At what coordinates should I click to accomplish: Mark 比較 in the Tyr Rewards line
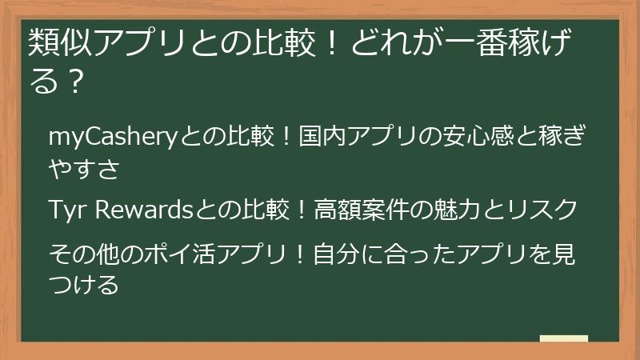point(262,210)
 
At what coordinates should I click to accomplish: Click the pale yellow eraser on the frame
point(563,339)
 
